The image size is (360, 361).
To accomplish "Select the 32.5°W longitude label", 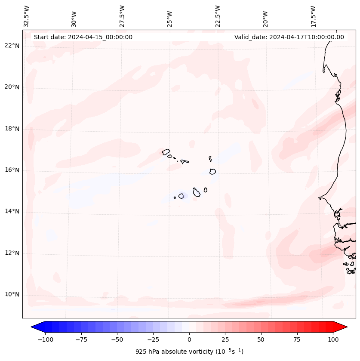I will pyautogui.click(x=27, y=16).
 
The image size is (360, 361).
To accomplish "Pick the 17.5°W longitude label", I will pyautogui.click(x=314, y=16).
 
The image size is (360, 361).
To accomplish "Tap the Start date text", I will pyautogui.click(x=83, y=37).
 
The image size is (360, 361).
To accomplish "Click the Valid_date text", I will pyautogui.click(x=289, y=37).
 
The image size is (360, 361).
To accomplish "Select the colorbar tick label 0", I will pyautogui.click(x=189, y=339).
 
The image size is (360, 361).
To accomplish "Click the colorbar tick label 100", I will pyautogui.click(x=333, y=339).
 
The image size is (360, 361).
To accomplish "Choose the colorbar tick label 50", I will pyautogui.click(x=261, y=339).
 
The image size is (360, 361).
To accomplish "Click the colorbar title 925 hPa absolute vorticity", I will pyautogui.click(x=189, y=352).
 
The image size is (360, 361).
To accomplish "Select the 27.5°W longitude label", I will pyautogui.click(x=122, y=16).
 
